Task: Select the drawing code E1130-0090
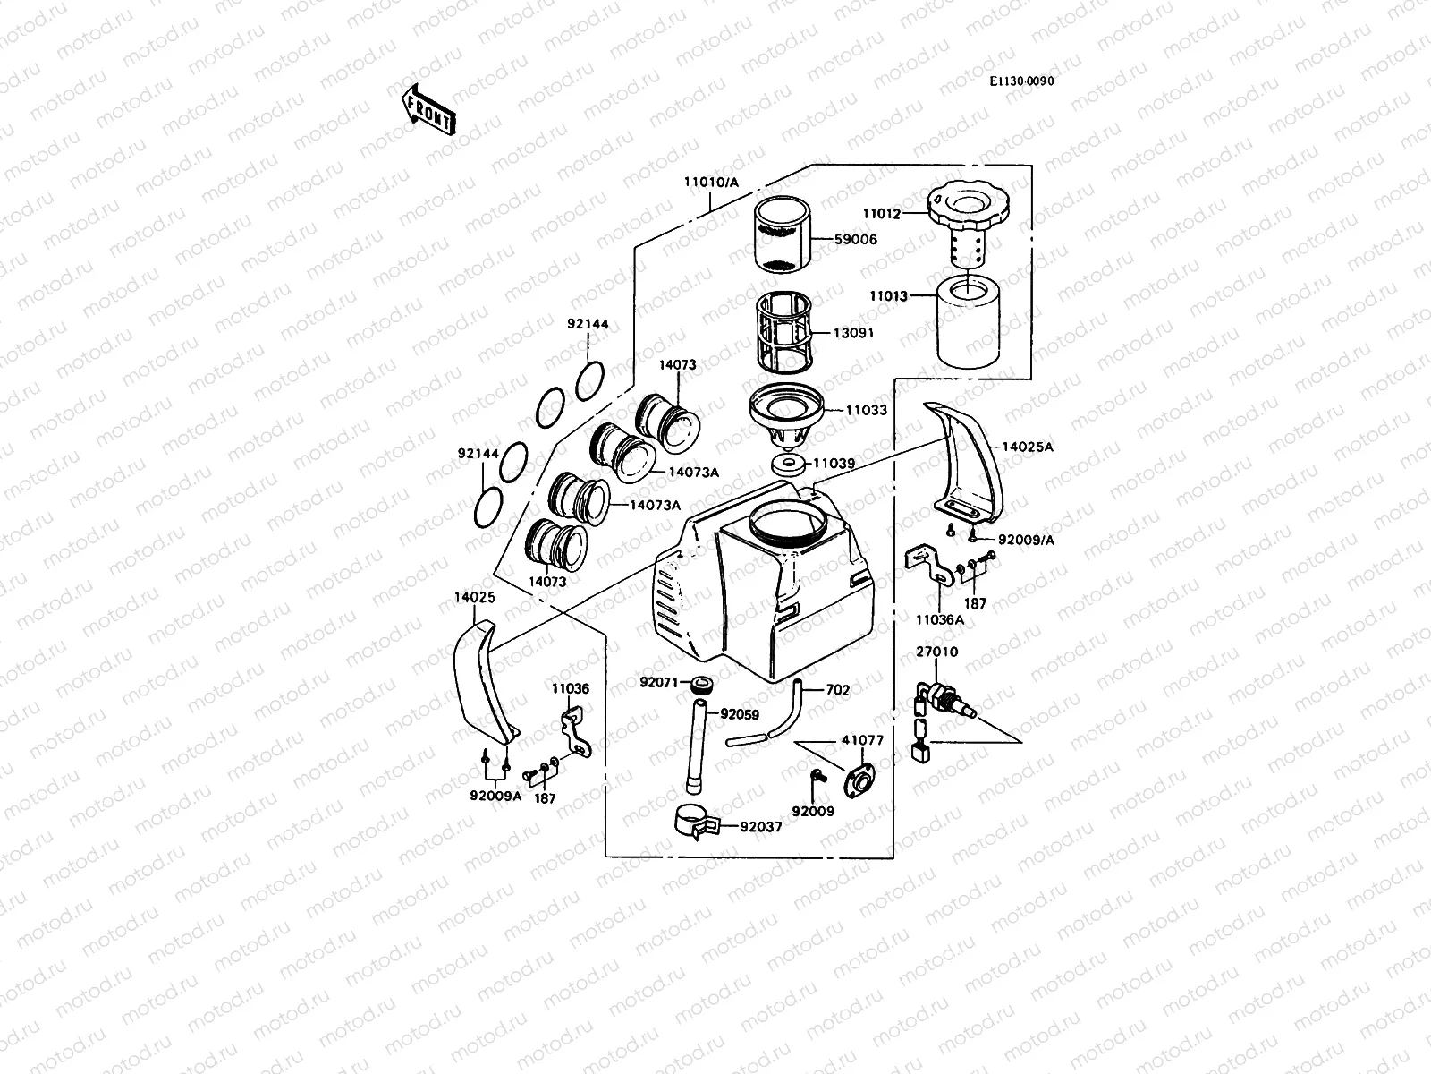click(x=1021, y=81)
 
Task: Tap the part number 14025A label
click(x=1027, y=447)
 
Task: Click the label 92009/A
click(x=1026, y=540)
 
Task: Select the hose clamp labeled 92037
click(x=699, y=822)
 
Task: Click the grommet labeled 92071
click(x=702, y=686)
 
